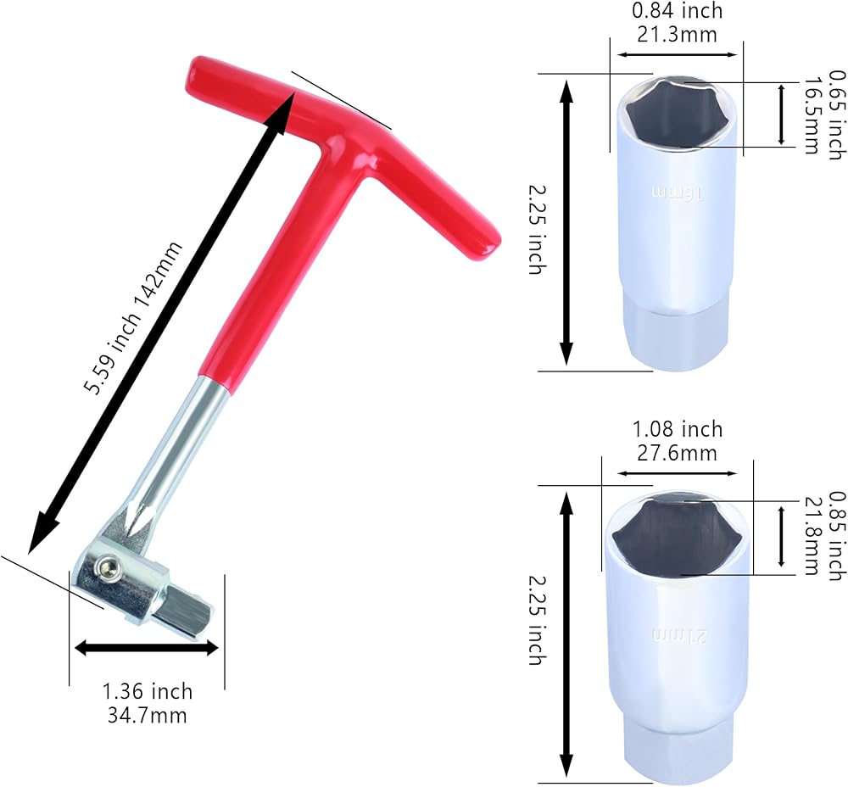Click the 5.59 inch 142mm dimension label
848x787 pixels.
[133, 318]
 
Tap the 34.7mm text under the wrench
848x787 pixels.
[147, 715]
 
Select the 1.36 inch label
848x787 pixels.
[148, 691]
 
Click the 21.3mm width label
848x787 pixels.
[677, 34]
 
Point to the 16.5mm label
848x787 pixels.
[812, 115]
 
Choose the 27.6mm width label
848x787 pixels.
[677, 453]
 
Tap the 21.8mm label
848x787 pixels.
[812, 535]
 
